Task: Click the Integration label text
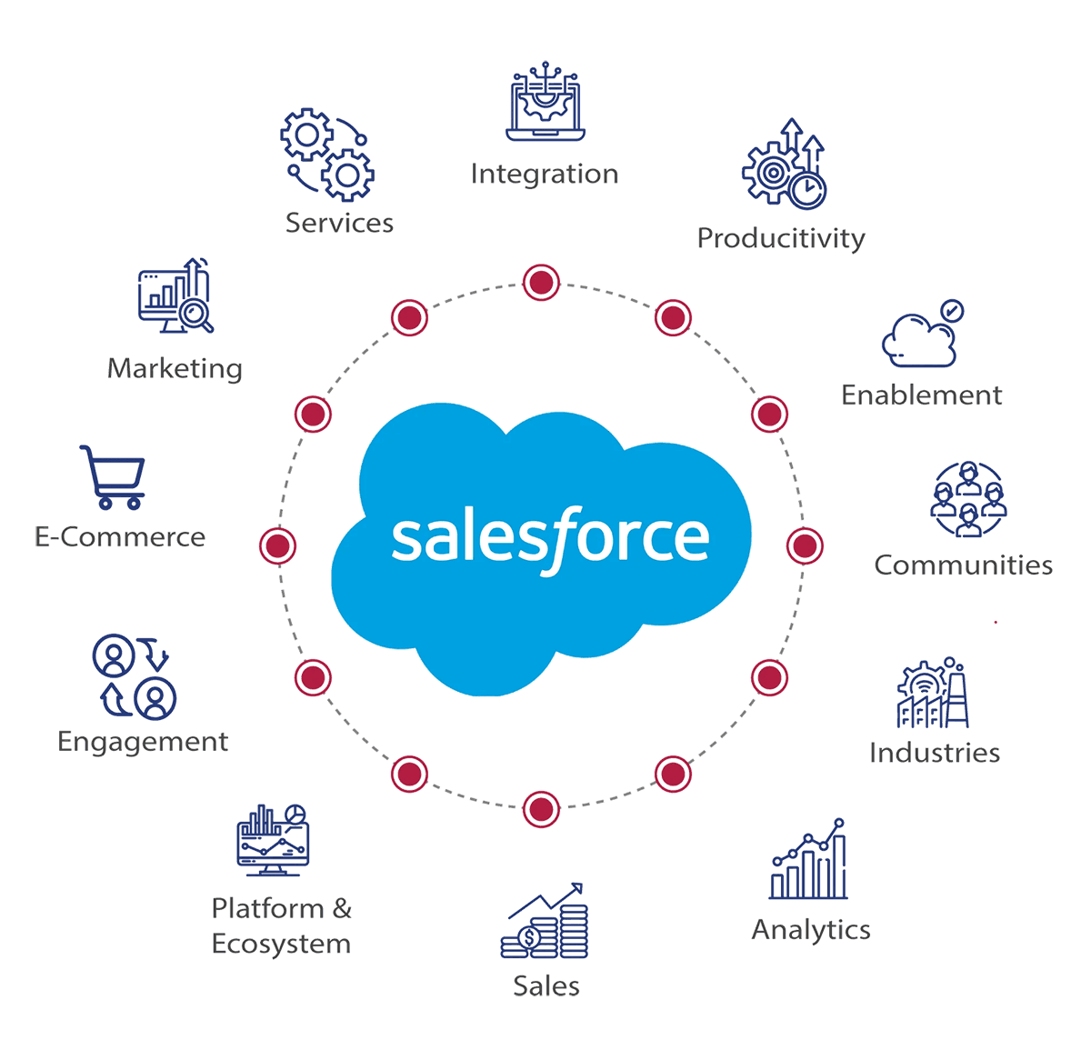pos(544,174)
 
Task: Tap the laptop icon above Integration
pos(545,104)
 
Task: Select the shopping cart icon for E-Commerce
pos(114,476)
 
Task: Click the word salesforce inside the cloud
pos(550,538)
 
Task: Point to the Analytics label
pos(811,929)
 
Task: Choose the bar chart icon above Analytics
pos(809,860)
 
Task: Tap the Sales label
pos(545,985)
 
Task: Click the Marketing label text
pos(175,368)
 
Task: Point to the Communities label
pos(963,565)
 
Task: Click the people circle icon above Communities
pos(969,499)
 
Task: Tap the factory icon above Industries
pos(933,693)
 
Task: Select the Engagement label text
pos(143,741)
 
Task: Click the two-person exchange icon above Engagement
pos(135,675)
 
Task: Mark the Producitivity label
pos(781,238)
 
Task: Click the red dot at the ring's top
pos(540,282)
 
